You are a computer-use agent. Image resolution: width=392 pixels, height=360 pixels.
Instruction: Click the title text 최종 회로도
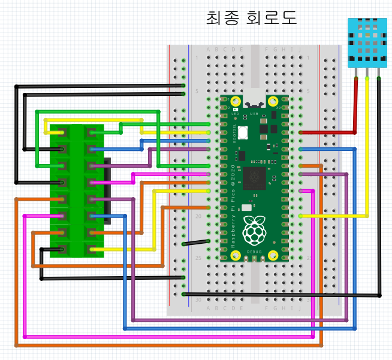pyautogui.click(x=251, y=17)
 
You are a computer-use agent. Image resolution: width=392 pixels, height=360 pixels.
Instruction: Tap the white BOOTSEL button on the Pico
pyautogui.click(x=243, y=132)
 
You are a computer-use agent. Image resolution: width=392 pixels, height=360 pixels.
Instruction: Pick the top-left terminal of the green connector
pyautogui.click(x=62, y=132)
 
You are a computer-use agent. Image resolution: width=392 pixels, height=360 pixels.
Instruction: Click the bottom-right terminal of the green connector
pyautogui.click(x=91, y=249)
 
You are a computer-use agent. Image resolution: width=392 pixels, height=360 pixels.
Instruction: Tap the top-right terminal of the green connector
pyautogui.click(x=91, y=132)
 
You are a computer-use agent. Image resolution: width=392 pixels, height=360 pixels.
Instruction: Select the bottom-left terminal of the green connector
pyautogui.click(x=62, y=249)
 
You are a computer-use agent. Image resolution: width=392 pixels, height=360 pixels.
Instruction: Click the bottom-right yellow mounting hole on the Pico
pyautogui.click(x=273, y=255)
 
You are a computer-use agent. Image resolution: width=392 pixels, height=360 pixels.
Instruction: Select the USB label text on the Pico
pyautogui.click(x=254, y=112)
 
